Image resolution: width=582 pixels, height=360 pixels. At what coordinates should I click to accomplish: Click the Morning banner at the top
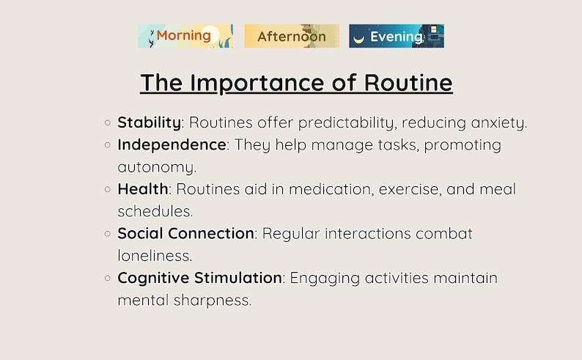[185, 36]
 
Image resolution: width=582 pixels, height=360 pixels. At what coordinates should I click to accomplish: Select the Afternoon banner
[292, 36]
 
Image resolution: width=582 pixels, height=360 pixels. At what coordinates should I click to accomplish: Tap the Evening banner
[397, 36]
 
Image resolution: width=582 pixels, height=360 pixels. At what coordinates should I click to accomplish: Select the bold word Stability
[149, 122]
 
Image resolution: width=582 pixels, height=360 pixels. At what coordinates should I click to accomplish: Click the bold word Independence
[172, 144]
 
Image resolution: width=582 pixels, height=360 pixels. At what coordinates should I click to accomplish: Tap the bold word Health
[143, 189]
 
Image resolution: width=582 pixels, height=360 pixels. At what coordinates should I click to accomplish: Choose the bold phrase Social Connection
[185, 234]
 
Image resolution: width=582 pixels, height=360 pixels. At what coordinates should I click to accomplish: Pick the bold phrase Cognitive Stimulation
[199, 278]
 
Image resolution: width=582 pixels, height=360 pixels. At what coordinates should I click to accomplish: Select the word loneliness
[155, 256]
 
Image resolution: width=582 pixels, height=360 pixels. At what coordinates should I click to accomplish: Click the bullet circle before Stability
[108, 123]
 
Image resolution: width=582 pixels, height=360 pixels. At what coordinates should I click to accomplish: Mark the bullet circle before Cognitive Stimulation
[108, 279]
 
